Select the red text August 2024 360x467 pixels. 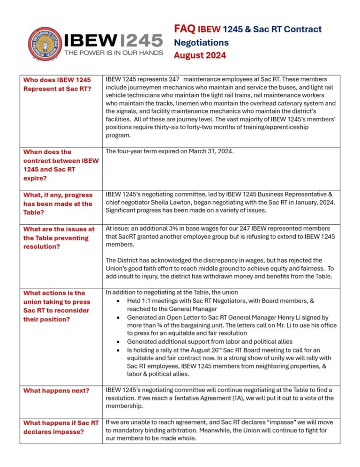[200, 55]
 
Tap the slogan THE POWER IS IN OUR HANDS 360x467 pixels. [113, 53]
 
